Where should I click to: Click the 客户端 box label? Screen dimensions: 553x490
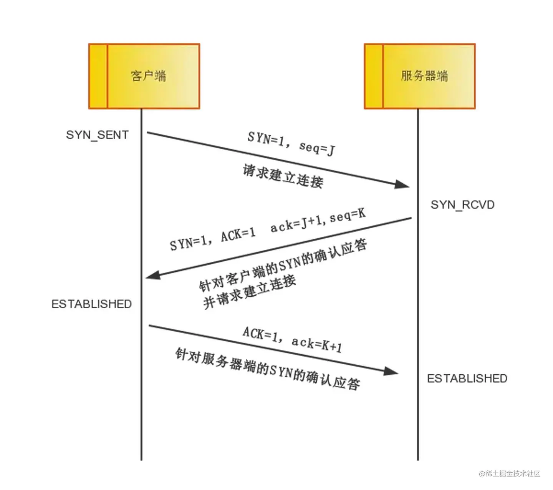149,76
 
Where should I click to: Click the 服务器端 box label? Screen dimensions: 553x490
424,76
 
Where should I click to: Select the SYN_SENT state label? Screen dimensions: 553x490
97,135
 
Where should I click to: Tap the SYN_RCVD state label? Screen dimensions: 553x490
462,205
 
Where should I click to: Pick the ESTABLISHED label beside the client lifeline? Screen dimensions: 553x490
91,304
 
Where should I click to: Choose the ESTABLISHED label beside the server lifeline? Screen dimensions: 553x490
467,379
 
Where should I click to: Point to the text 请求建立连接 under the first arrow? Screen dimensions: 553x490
283,176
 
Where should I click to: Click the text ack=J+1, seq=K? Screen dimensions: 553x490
318,221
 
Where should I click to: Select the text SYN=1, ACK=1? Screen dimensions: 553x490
213,239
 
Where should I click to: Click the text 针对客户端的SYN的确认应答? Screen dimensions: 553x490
283,265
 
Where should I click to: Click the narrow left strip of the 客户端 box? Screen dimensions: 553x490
98,76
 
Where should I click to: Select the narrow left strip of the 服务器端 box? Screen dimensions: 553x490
374,76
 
